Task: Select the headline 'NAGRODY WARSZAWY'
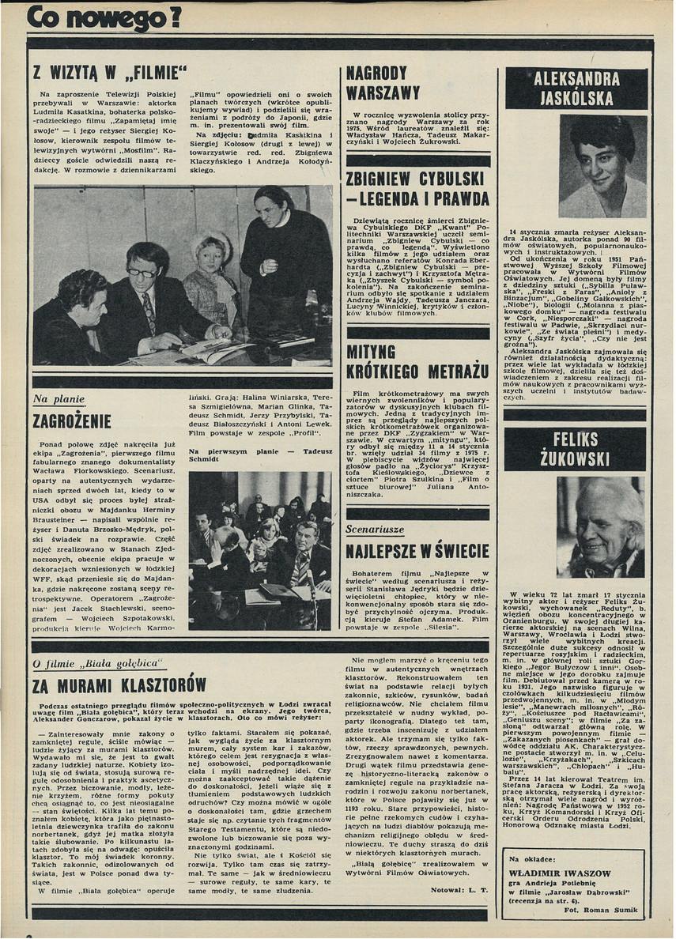click(x=383, y=83)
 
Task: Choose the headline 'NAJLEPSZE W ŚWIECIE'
click(x=418, y=550)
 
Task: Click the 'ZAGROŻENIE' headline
click(x=72, y=420)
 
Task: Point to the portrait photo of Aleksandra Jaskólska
click(x=603, y=166)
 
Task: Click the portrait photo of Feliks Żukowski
click(x=600, y=526)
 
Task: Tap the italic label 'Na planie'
click(x=59, y=400)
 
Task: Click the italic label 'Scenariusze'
click(x=376, y=529)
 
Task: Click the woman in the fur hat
click(x=212, y=269)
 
